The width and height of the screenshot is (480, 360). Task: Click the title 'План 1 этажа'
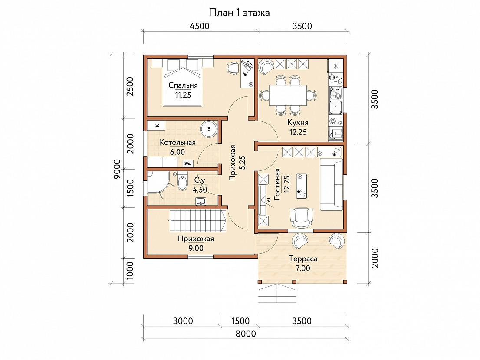tap(239, 13)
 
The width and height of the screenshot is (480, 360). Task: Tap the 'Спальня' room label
tap(183, 85)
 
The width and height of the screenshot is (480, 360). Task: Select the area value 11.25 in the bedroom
tap(183, 95)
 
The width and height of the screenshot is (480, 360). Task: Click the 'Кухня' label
tap(298, 123)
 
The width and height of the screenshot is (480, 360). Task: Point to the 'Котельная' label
tap(177, 143)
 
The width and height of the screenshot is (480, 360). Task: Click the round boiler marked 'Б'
tap(209, 129)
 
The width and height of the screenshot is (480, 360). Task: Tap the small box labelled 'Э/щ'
tap(187, 164)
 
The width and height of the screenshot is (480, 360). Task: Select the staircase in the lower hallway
tap(197, 220)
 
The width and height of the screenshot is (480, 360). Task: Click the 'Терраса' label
tap(303, 259)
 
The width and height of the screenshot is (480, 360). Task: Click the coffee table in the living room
tap(302, 187)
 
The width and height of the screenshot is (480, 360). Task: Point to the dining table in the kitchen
tap(288, 95)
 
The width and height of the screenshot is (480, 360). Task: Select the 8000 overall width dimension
tap(246, 334)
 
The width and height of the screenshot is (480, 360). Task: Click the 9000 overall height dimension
tap(117, 169)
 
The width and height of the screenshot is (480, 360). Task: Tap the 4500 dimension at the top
tap(200, 26)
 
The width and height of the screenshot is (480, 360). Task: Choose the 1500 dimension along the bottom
tap(240, 321)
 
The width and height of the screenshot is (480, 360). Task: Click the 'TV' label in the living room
tap(270, 200)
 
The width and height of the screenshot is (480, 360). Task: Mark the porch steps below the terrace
tap(277, 293)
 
